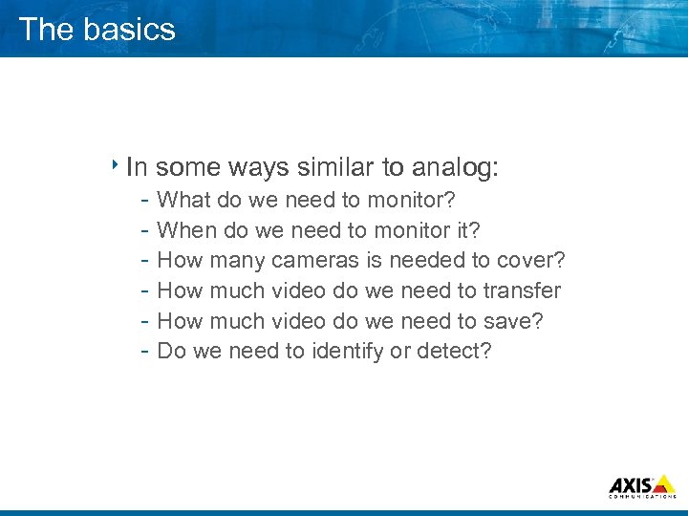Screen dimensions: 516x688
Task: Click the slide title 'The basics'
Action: (97, 29)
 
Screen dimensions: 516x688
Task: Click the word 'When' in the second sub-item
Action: (186, 230)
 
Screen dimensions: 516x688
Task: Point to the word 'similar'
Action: (335, 168)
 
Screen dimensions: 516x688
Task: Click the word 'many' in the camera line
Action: (238, 260)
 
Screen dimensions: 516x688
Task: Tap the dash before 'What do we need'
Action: (142, 201)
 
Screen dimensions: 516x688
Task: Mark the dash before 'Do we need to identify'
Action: (142, 351)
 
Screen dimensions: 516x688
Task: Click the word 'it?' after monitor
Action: (466, 230)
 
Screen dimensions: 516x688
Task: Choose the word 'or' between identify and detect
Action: (400, 351)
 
